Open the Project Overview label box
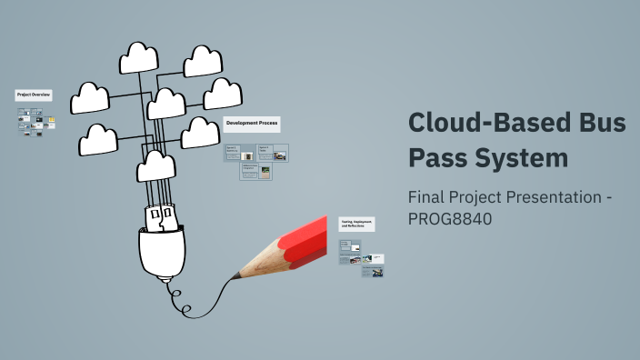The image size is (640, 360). [x=32, y=95]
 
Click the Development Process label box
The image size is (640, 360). [x=252, y=123]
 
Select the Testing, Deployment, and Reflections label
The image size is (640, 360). [x=357, y=224]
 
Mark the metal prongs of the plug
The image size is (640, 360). [x=160, y=215]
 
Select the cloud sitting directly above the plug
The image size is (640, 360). [x=155, y=165]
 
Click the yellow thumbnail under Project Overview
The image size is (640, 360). [x=51, y=119]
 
